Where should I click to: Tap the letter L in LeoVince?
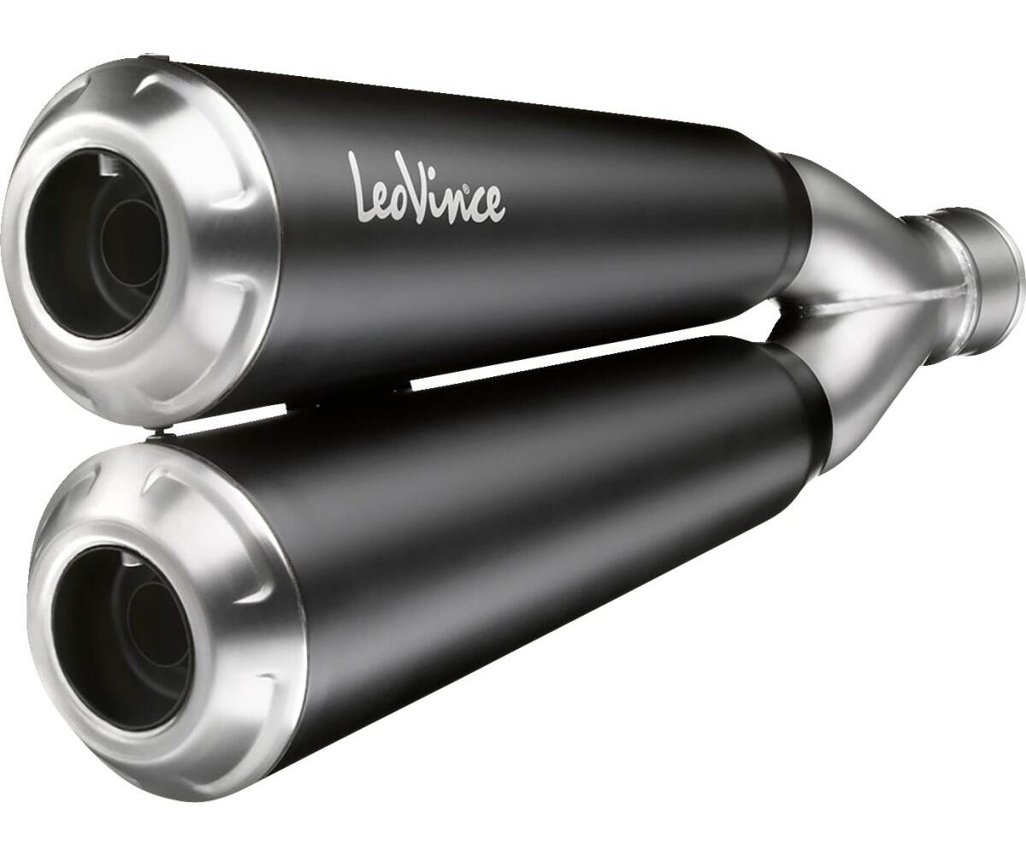tap(363, 180)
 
